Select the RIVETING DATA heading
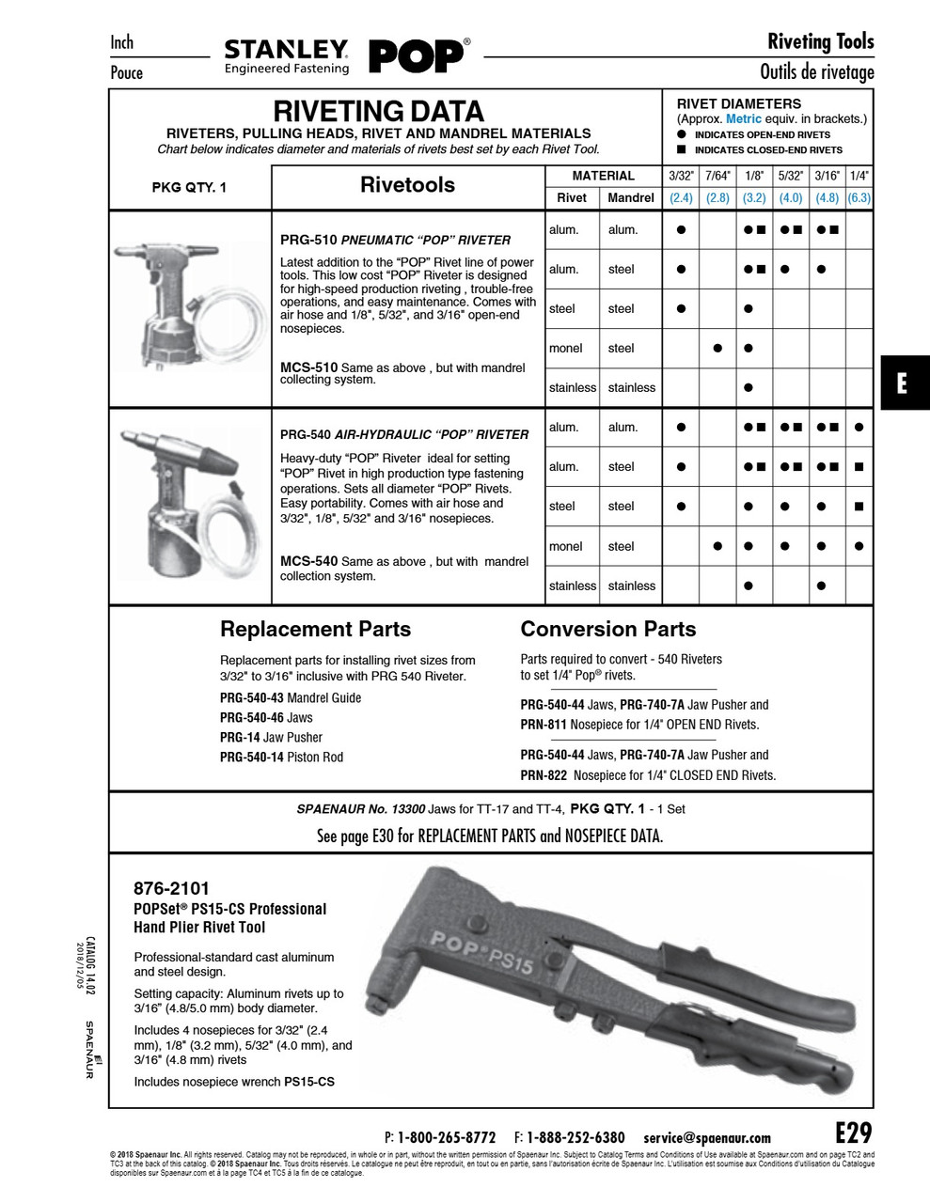378,112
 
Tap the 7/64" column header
717,176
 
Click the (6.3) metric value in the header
859,198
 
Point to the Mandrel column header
631,198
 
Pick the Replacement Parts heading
315,630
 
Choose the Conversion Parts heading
608,630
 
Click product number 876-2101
172,888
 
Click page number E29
853,1131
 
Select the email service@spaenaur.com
707,1137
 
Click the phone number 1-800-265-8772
447,1137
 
